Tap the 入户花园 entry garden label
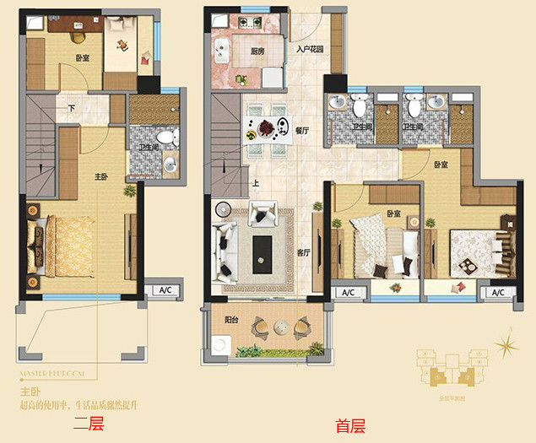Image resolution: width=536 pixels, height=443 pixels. tap(310, 51)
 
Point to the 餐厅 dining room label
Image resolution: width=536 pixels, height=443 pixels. tap(305, 131)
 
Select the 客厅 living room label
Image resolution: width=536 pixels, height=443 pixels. tap(305, 251)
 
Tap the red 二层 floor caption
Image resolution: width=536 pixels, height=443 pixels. tap(89, 424)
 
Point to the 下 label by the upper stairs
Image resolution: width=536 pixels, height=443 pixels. tap(72, 108)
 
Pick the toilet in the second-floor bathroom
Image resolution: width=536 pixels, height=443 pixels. tap(166, 138)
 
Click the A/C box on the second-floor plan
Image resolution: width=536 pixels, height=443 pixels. tap(165, 291)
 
